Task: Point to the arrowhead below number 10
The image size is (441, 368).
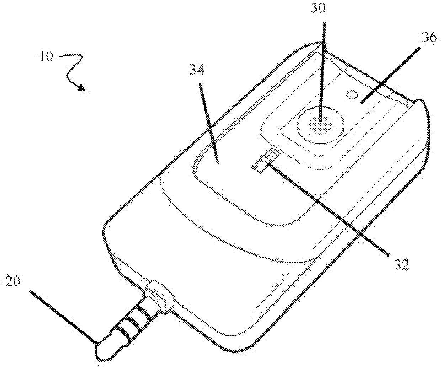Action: point(83,88)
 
